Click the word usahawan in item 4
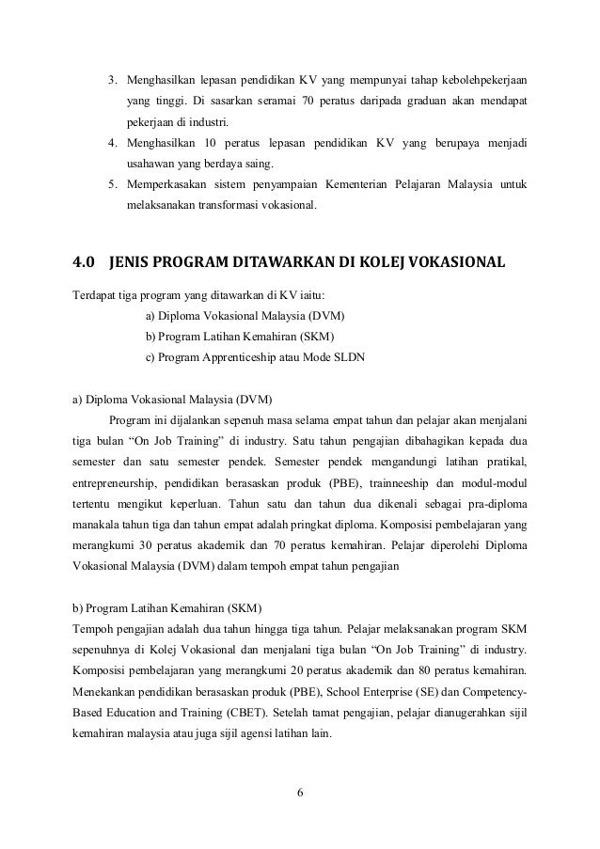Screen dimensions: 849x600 (153, 163)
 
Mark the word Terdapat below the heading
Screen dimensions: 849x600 (96, 291)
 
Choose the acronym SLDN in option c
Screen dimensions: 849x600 (350, 356)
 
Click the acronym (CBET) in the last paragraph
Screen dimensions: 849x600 (256, 714)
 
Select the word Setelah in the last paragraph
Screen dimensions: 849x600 (316, 714)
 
